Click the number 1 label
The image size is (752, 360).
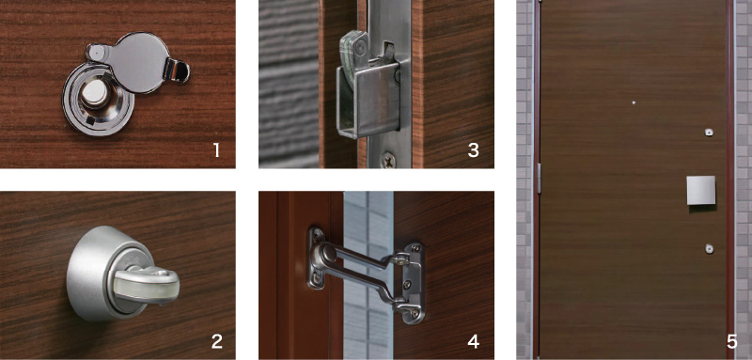217,150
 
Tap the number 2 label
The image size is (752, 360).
217,341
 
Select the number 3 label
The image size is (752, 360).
473,150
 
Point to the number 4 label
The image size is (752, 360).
474,341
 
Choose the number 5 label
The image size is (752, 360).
731,341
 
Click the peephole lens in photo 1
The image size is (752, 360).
95,94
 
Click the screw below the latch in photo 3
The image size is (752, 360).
388,159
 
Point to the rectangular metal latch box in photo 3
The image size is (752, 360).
368,99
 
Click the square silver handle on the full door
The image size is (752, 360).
700,190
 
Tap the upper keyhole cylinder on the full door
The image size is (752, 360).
709,132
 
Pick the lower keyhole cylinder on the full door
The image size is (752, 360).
709,248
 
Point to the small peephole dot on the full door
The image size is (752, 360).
634,102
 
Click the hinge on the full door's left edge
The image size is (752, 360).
539,179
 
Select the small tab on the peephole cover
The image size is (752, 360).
177,70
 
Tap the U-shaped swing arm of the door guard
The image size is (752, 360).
365,275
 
